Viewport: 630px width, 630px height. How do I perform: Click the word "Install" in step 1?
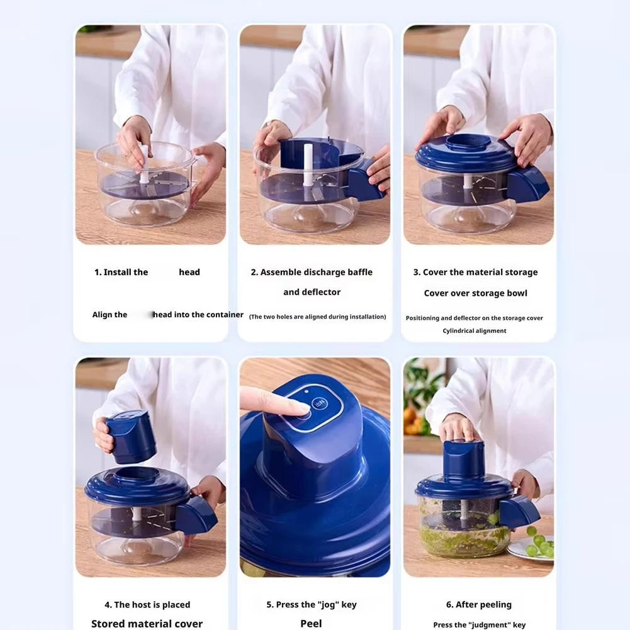click(117, 273)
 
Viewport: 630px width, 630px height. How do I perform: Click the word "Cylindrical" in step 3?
click(459, 331)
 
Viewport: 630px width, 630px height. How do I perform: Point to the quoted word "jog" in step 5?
click(329, 605)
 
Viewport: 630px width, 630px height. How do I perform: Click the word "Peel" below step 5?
click(311, 624)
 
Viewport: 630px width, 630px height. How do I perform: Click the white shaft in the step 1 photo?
click(144, 166)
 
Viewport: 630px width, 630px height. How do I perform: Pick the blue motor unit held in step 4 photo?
click(130, 436)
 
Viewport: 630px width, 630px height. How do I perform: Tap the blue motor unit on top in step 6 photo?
click(463, 458)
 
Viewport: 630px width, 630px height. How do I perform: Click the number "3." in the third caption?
click(417, 273)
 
